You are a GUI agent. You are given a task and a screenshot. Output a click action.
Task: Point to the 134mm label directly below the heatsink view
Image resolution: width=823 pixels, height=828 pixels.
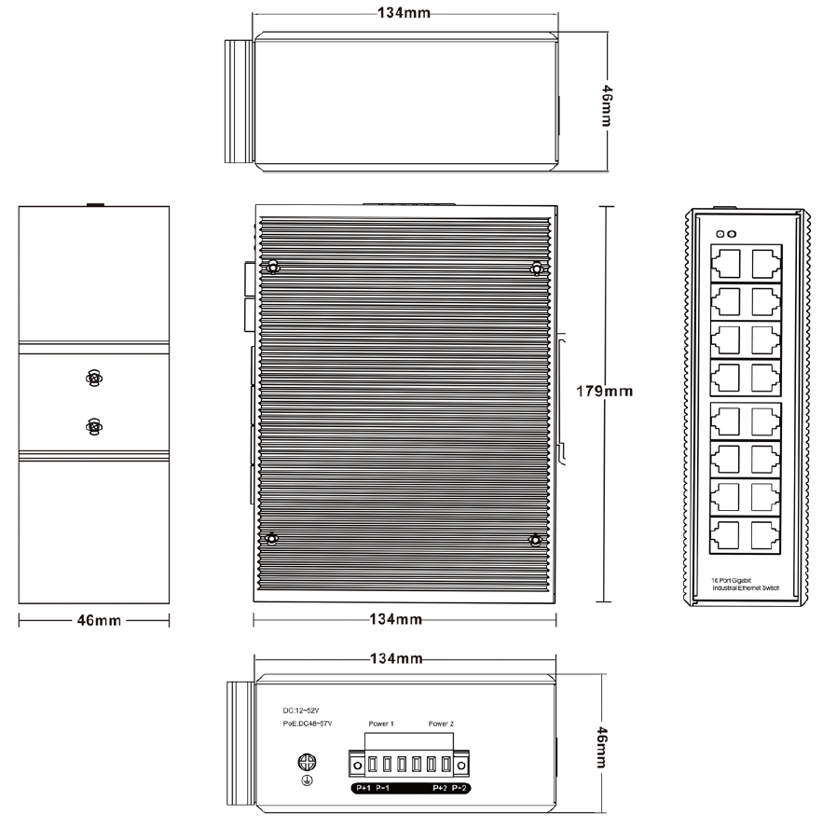coord(396,619)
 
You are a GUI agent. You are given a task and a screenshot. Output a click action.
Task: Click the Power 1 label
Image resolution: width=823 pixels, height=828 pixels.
coord(381,724)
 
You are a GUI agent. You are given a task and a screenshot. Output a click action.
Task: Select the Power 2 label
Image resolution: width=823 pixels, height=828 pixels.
coord(441,724)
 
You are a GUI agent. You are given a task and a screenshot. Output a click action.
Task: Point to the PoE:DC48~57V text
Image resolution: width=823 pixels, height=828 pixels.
coord(308,724)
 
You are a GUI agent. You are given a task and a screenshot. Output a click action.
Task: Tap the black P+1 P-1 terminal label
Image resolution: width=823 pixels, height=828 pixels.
coord(373,789)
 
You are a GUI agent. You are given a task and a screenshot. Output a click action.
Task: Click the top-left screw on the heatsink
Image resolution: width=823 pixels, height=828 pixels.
coord(272,269)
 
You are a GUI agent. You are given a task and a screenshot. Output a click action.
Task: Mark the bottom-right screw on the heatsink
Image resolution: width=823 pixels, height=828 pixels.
coord(535,540)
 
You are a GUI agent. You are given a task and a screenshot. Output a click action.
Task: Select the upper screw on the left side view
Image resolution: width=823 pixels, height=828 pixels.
coord(92,379)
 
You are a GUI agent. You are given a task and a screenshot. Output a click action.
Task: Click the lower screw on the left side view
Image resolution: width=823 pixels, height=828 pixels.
coord(92,427)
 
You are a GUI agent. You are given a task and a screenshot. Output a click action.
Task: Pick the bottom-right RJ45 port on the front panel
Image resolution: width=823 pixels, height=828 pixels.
coord(764,535)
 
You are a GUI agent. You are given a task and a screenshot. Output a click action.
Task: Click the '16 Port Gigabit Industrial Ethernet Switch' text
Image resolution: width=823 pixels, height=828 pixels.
coord(745,584)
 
